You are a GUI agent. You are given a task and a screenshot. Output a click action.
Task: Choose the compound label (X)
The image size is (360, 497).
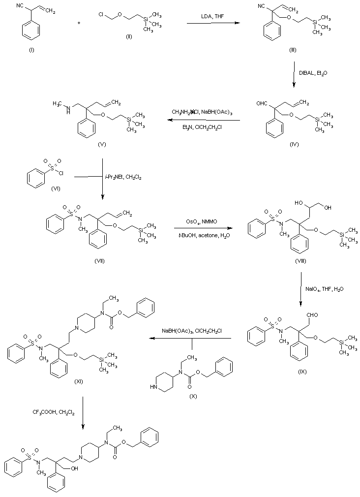click(192, 396)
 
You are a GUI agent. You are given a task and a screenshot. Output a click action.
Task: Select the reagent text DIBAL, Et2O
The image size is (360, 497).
click(313, 73)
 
